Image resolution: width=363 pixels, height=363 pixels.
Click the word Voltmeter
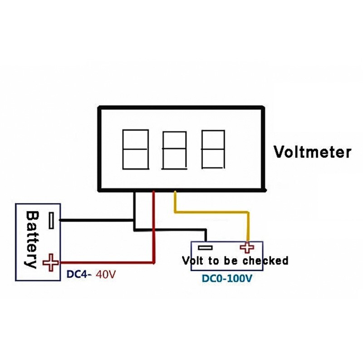[x=312, y=152]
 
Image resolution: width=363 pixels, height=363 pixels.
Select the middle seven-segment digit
[x=174, y=150]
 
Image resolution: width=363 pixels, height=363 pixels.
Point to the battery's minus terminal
[x=52, y=221]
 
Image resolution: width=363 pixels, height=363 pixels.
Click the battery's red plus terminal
[x=51, y=262]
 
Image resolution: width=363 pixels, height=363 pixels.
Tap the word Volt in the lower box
[x=193, y=261]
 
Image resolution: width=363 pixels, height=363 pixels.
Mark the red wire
[x=154, y=227]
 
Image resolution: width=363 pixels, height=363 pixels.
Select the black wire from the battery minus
[x=95, y=221]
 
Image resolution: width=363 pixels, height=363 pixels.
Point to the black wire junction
[x=134, y=221]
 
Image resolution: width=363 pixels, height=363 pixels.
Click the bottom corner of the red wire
[x=154, y=262]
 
